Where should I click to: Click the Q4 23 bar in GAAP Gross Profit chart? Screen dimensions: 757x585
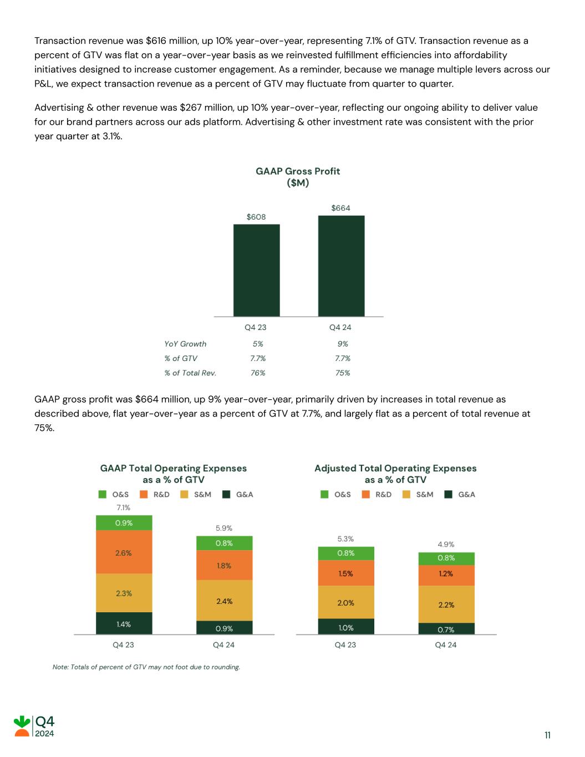click(x=256, y=270)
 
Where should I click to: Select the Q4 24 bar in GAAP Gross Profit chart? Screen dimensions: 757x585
click(x=341, y=266)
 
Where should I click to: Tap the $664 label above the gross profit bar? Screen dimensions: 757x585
click(x=340, y=208)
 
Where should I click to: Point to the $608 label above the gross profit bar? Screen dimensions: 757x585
click(x=256, y=217)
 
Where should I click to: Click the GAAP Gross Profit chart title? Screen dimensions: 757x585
click(x=298, y=177)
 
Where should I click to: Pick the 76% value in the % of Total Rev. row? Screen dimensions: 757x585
click(x=258, y=373)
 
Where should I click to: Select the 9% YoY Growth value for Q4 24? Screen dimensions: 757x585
click(x=343, y=344)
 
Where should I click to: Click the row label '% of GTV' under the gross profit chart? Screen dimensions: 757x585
click(x=181, y=358)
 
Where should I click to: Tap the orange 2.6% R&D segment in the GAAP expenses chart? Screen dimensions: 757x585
click(x=124, y=552)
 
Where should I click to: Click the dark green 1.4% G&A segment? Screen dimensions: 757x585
click(x=124, y=624)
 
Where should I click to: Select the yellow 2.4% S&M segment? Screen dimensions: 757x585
click(x=224, y=601)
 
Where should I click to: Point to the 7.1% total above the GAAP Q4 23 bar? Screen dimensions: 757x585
click(x=123, y=507)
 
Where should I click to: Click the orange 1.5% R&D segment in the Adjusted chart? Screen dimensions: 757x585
click(x=345, y=573)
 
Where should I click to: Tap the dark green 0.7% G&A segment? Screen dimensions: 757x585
click(x=446, y=629)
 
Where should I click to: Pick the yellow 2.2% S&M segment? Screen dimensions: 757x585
click(x=446, y=604)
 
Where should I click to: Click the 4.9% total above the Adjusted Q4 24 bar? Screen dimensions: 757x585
click(x=446, y=545)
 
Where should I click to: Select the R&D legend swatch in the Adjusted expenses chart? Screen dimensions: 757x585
click(x=365, y=494)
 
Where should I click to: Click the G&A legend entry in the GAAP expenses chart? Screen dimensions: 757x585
click(x=238, y=494)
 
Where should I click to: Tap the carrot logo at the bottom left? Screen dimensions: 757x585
click(x=22, y=726)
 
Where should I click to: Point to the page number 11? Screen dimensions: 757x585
click(x=547, y=735)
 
